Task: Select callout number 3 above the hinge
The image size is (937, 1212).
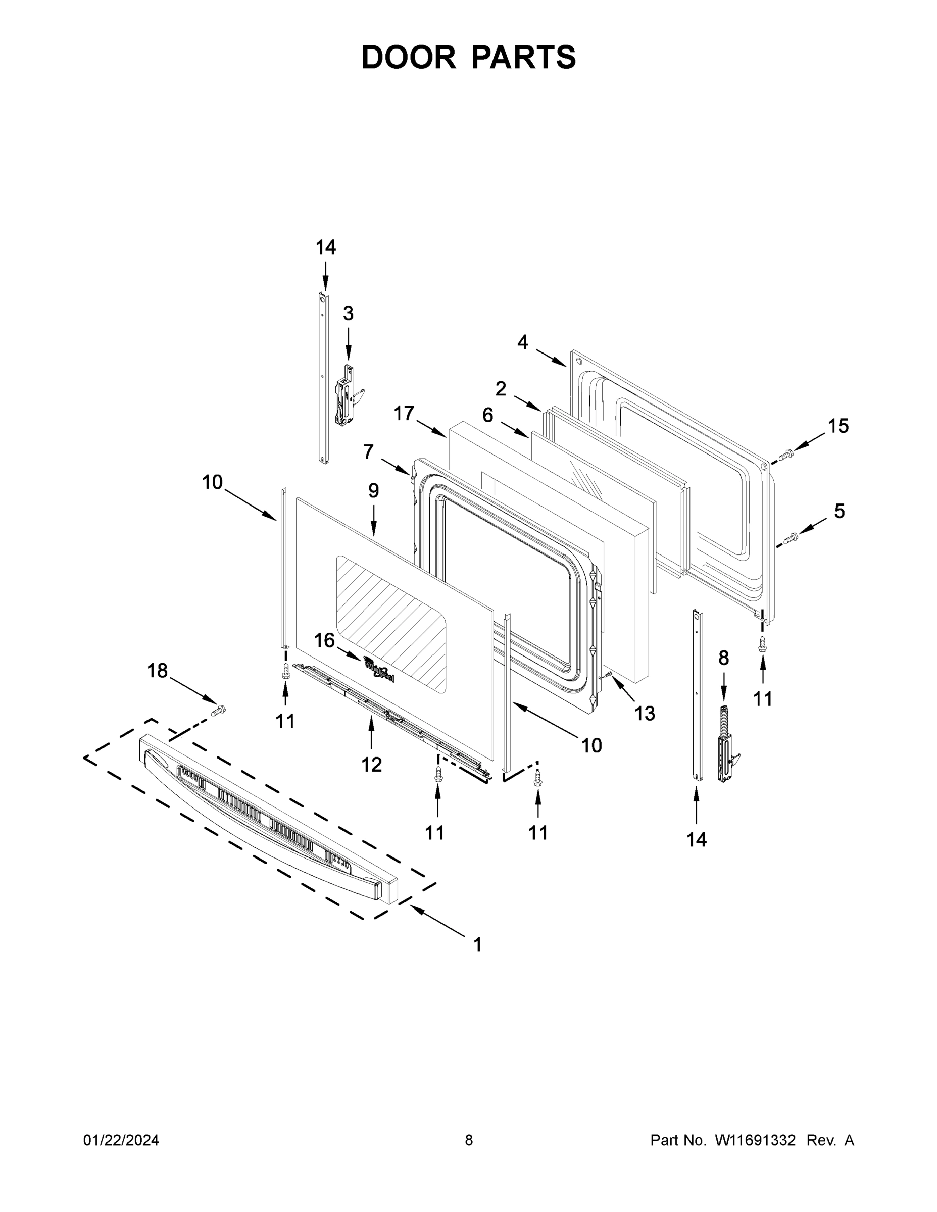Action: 348,314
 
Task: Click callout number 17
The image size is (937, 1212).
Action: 404,413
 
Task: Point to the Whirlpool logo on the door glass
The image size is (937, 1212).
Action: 379,668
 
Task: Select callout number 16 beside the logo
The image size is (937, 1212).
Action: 325,640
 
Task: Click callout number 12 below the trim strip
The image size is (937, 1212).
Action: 371,765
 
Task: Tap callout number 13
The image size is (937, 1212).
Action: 645,713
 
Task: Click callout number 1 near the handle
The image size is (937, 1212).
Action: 477,944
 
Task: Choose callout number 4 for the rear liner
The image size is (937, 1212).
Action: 522,342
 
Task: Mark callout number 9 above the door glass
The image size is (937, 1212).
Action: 374,490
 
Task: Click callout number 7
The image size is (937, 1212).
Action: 369,452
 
